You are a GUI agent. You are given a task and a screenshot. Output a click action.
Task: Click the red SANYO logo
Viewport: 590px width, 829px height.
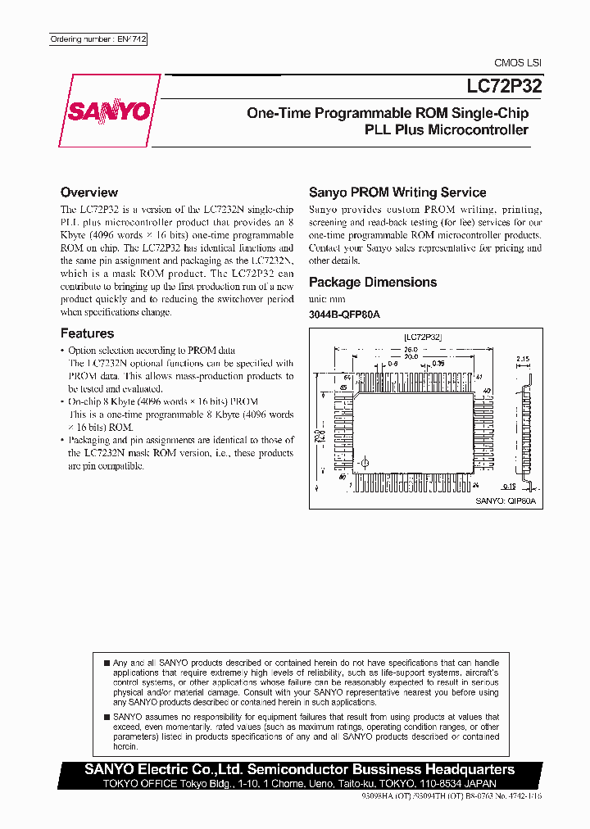coord(110,111)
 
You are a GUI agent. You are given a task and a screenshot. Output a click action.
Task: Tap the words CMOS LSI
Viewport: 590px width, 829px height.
coord(517,63)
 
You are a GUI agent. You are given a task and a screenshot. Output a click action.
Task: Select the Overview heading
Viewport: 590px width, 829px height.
coord(89,193)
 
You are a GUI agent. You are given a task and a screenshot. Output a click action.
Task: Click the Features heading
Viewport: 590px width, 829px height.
coord(87,333)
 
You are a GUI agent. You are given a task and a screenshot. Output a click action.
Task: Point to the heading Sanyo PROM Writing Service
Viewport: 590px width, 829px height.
coord(397,193)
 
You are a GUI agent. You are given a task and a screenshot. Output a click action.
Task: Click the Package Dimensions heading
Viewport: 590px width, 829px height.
coord(373,282)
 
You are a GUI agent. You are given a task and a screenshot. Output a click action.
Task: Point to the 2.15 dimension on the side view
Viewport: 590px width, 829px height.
coord(524,358)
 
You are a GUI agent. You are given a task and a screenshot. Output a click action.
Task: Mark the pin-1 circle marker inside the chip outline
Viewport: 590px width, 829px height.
coord(364,464)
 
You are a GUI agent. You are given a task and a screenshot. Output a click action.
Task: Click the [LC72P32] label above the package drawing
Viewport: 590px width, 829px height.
coord(423,336)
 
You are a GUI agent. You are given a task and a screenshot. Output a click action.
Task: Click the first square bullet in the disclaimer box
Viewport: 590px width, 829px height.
coord(107,662)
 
